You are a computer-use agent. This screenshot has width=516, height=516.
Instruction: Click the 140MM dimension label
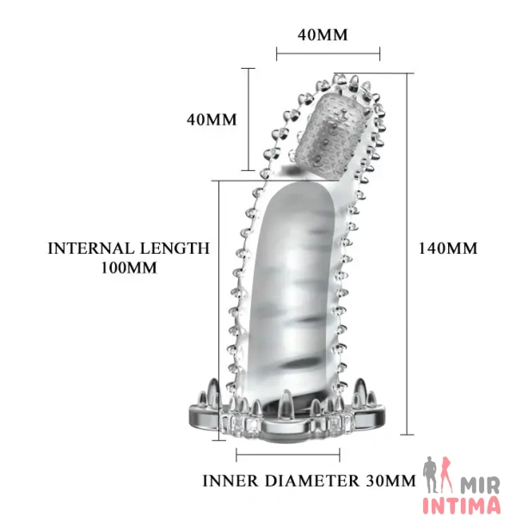[x=447, y=249]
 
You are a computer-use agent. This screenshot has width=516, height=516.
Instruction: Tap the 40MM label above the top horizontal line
[x=322, y=35]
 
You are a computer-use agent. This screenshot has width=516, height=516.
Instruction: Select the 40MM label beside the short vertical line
[x=212, y=120]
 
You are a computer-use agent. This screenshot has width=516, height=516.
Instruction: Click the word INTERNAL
[x=91, y=249]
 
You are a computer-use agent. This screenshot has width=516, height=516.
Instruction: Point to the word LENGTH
[x=175, y=249]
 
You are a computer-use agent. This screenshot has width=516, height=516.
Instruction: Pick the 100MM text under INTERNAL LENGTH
[x=129, y=267]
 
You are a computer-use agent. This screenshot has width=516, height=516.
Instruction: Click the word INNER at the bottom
[x=230, y=481]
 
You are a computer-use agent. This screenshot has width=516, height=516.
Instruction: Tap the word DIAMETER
[x=312, y=481]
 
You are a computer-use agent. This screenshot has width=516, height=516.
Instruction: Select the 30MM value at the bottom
[x=390, y=481]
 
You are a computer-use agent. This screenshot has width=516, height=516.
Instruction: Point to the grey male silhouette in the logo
[x=432, y=474]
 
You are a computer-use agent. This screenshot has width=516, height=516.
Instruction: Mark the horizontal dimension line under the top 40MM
[x=329, y=54]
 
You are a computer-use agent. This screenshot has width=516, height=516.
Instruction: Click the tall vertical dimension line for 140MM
[x=407, y=254]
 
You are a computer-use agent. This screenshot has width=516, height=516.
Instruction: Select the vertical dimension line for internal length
[x=218, y=310]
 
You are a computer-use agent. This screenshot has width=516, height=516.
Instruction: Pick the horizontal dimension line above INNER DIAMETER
[x=288, y=455]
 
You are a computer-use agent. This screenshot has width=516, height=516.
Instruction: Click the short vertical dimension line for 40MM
[x=249, y=120]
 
